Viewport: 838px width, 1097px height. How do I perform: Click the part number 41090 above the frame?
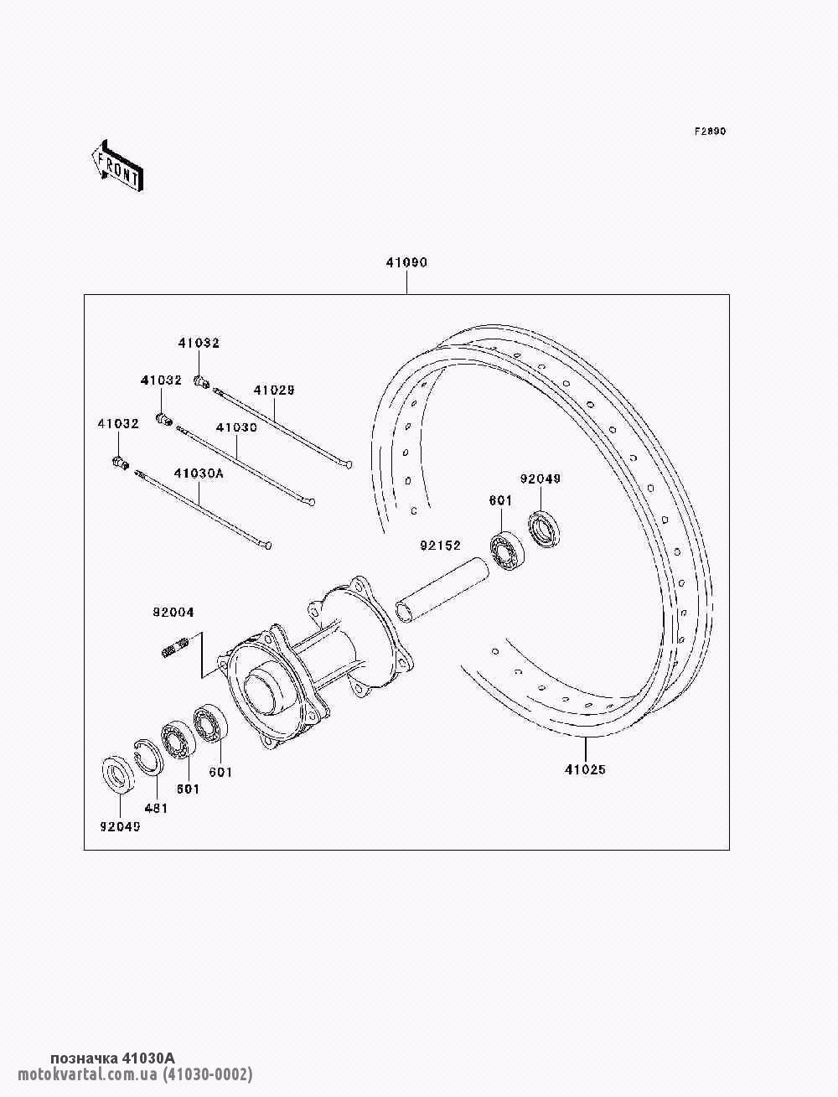[x=406, y=263]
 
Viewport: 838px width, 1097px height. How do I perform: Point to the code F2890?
[x=709, y=132]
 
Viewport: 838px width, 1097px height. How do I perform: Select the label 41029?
[x=274, y=391]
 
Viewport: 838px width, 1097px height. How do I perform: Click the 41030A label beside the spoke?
[x=199, y=473]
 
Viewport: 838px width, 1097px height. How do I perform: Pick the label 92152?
[x=441, y=546]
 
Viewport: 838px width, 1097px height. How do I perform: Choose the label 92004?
[x=173, y=613]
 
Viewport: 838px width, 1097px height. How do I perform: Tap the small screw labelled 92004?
[x=173, y=648]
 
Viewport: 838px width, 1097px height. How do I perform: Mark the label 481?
[x=156, y=808]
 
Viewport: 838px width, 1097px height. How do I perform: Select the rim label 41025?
[x=585, y=769]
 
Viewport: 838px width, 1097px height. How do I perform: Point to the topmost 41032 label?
[x=199, y=344]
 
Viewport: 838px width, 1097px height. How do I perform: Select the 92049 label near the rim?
[x=540, y=479]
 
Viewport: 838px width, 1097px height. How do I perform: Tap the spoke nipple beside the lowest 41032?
[x=120, y=463]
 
